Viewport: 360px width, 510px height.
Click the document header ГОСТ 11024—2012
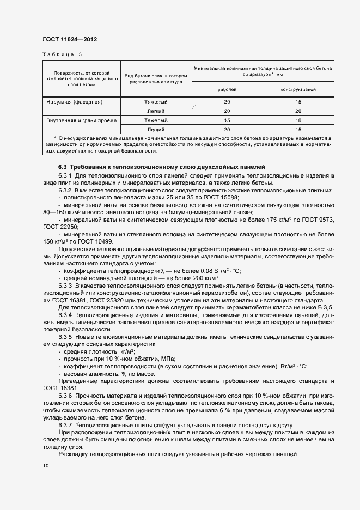tap(70, 39)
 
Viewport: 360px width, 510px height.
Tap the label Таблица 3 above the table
tap(62, 54)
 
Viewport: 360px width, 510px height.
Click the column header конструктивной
tap(298, 89)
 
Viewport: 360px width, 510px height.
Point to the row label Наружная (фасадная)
tap(74, 102)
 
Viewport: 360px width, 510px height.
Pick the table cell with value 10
tap(298, 120)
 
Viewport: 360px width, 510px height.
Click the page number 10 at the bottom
tap(46, 466)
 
